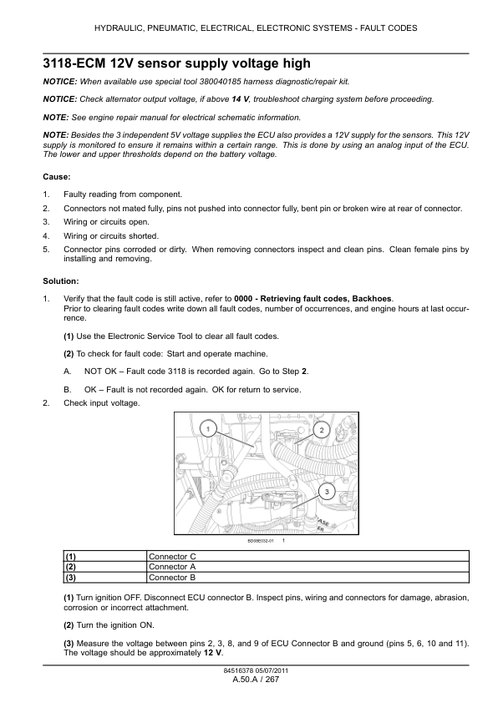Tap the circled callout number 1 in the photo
click(206, 428)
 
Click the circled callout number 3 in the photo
click(327, 490)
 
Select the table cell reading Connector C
click(172, 555)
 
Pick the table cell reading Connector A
click(172, 566)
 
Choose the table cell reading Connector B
click(172, 577)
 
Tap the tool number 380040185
click(239, 82)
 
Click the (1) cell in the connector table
click(71, 555)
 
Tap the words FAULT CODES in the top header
click(388, 28)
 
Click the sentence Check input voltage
click(102, 403)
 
